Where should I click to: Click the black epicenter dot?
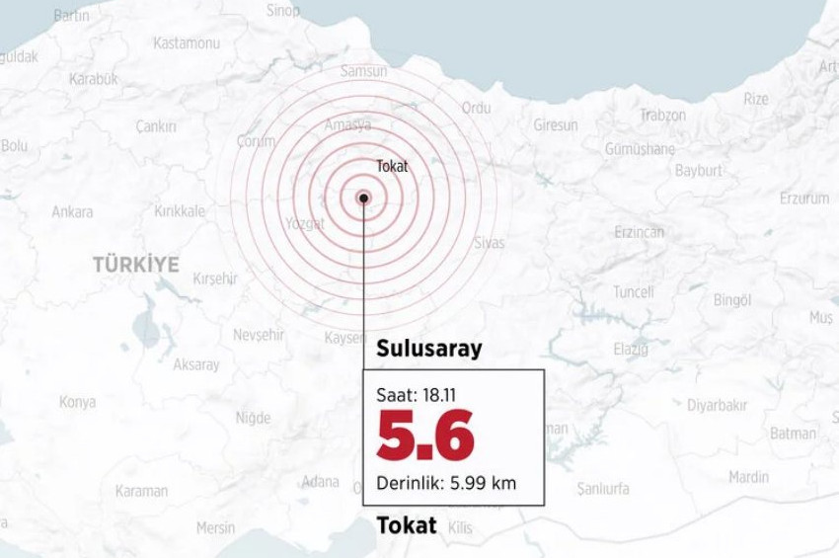pyautogui.click(x=364, y=198)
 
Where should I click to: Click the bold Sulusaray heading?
pyautogui.click(x=429, y=349)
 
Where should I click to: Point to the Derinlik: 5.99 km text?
pyautogui.click(x=446, y=483)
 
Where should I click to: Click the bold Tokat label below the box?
pyautogui.click(x=407, y=525)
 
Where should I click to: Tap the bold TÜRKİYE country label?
pyautogui.click(x=136, y=265)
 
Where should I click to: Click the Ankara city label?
pyautogui.click(x=72, y=211)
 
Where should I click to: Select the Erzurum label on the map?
pyautogui.click(x=804, y=198)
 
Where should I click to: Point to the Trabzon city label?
pyautogui.click(x=662, y=115)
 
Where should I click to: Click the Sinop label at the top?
pyautogui.click(x=283, y=10)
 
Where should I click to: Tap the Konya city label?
pyautogui.click(x=77, y=402)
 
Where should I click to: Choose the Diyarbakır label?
pyautogui.click(x=717, y=405)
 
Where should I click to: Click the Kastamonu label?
pyautogui.click(x=186, y=43)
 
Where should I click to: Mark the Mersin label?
pyautogui.click(x=215, y=527)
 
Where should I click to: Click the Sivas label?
pyautogui.click(x=489, y=243)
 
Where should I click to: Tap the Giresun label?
pyautogui.click(x=556, y=125)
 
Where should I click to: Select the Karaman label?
pyautogui.click(x=141, y=491)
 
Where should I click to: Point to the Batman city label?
pyautogui.click(x=793, y=433)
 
